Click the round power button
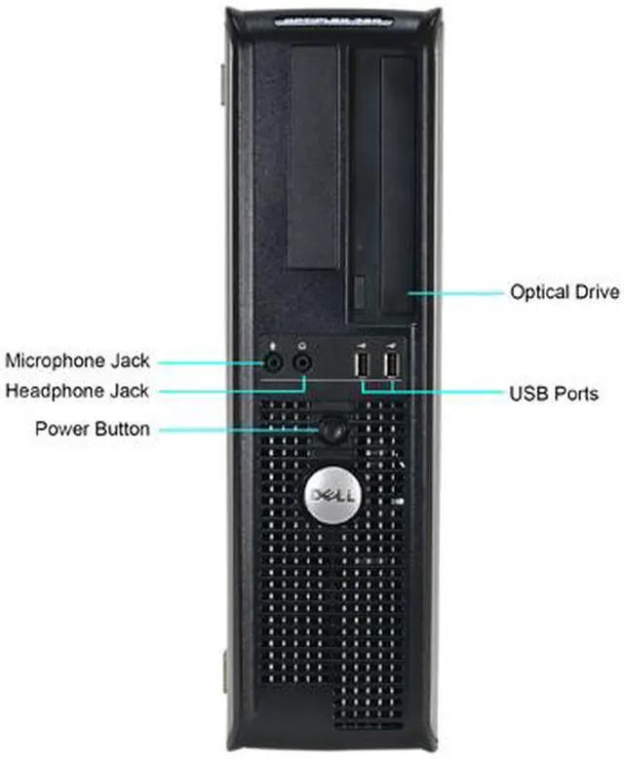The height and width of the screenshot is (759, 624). coord(332,429)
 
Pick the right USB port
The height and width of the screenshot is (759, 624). coord(392,366)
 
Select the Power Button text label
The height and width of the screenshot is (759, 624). coord(93,429)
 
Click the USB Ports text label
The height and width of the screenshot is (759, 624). coord(554,394)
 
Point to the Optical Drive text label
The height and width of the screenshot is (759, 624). coord(565,291)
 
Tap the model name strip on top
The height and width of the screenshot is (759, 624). coord(331,18)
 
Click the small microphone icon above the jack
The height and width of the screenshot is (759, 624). coord(276,344)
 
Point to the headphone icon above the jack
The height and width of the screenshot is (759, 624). coord(304,344)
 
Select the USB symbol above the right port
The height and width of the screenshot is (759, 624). coord(392,345)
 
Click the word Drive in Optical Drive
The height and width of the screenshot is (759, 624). coord(595,291)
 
